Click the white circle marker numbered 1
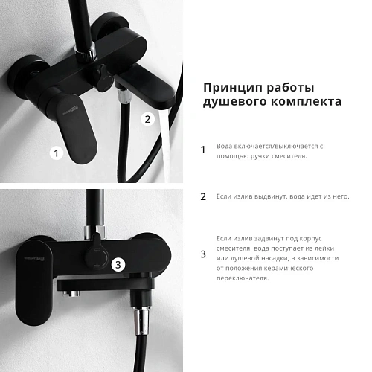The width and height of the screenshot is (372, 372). pyautogui.click(x=57, y=153)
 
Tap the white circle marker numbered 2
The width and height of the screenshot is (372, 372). pyautogui.click(x=147, y=119)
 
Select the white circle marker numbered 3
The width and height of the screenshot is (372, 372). pyautogui.click(x=118, y=264)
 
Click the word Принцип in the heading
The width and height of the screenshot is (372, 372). pyautogui.click(x=234, y=88)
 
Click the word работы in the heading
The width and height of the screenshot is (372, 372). pyautogui.click(x=290, y=88)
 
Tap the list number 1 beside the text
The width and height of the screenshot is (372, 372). pyautogui.click(x=203, y=150)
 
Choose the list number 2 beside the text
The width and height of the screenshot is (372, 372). pyautogui.click(x=203, y=196)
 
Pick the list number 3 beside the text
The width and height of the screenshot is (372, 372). pyautogui.click(x=203, y=254)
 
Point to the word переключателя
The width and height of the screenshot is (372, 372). pyautogui.click(x=243, y=278)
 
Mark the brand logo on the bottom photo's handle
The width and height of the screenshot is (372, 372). pyautogui.click(x=34, y=259)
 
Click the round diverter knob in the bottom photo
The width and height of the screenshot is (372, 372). pyautogui.click(x=97, y=259)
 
